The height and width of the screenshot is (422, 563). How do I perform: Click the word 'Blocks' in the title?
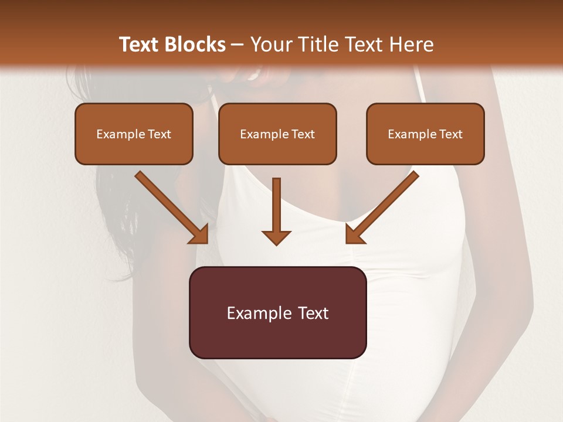(x=195, y=45)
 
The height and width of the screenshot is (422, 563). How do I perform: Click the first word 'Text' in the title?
(x=140, y=45)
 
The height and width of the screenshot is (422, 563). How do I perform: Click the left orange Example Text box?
(x=134, y=134)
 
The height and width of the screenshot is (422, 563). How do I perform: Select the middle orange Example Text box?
(x=277, y=134)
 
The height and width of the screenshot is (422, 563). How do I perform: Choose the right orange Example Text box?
(x=425, y=134)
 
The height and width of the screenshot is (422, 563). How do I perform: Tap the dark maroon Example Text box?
(x=277, y=312)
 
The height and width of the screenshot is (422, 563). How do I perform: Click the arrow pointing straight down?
(x=276, y=208)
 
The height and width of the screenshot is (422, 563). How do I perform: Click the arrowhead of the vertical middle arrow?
(x=276, y=237)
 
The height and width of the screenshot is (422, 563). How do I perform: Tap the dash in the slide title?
(x=238, y=45)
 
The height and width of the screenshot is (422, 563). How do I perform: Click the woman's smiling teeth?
(x=256, y=74)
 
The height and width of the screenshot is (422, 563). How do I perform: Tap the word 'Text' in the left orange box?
(x=160, y=134)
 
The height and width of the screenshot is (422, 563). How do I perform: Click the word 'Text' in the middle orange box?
(x=303, y=134)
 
